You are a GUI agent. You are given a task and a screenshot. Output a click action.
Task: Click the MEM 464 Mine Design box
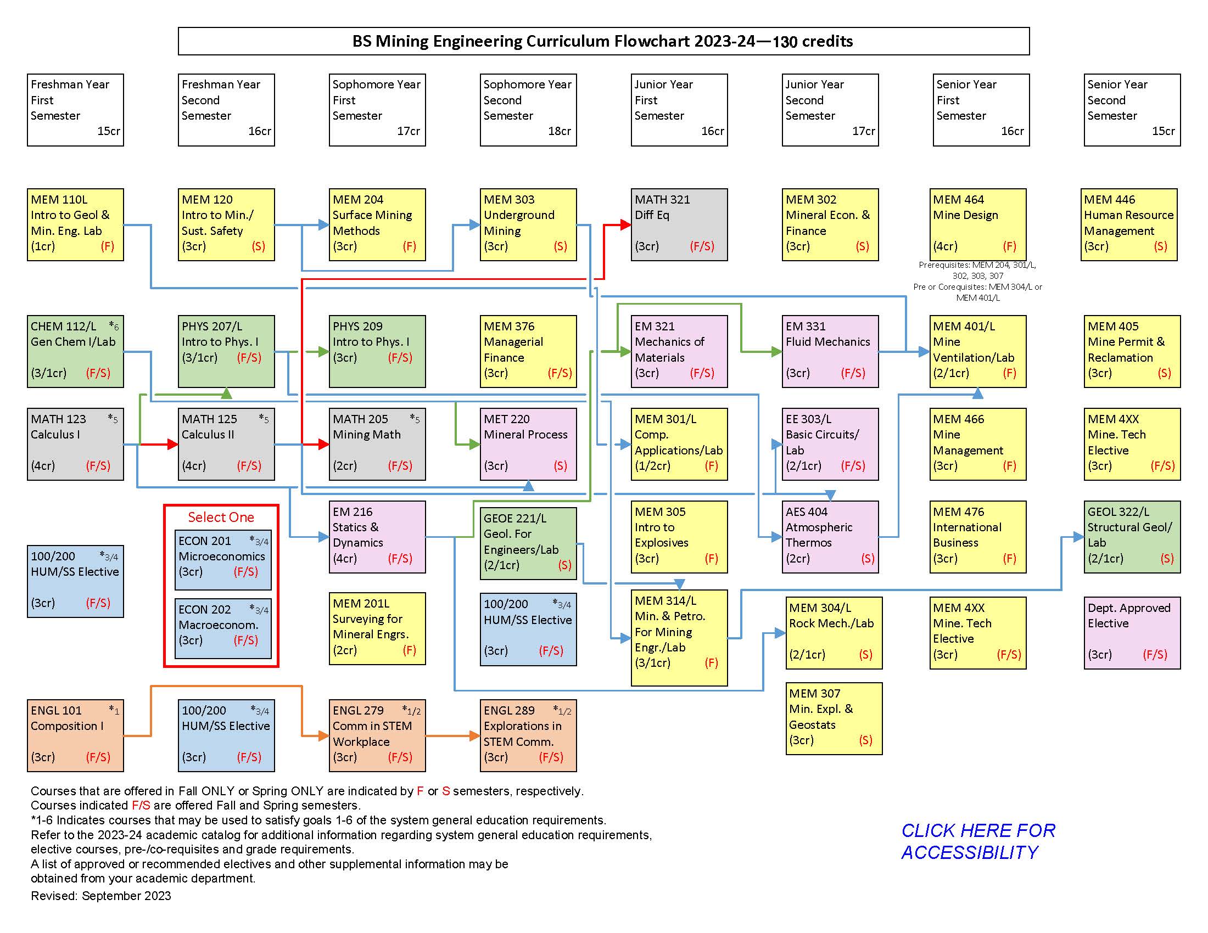[x=977, y=224]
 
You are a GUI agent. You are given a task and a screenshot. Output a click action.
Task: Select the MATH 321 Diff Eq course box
[x=679, y=224]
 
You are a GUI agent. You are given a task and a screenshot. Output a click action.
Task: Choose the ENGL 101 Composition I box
[x=75, y=735]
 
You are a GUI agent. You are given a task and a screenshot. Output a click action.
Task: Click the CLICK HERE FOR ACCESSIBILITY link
[x=978, y=841]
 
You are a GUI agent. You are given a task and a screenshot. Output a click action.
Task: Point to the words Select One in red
[x=221, y=517]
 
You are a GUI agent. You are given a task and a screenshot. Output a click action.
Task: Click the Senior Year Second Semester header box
[x=1132, y=109]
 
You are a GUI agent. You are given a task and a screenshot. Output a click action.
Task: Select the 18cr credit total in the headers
[x=559, y=131]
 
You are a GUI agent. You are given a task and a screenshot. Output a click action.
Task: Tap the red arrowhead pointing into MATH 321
[x=625, y=224]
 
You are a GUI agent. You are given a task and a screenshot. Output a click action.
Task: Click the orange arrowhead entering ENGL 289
[x=474, y=735]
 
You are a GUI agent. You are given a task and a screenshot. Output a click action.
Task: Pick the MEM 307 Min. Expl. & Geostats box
[x=834, y=718]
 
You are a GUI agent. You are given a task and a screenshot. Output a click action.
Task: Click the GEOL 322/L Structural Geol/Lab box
[x=1132, y=537]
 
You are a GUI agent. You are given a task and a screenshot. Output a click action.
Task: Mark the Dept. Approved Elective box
[x=1132, y=632]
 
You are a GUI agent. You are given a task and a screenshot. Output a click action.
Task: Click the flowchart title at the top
[x=603, y=41]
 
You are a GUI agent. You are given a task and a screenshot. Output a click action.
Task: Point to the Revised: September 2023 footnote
[x=100, y=896]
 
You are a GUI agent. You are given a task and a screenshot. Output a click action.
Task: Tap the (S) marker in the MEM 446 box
[x=1160, y=246]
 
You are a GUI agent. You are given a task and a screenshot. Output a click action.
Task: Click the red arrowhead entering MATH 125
[x=172, y=444]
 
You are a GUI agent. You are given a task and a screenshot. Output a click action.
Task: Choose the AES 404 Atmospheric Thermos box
[x=830, y=537]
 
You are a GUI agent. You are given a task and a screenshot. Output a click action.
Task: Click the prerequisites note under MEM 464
[x=977, y=281]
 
